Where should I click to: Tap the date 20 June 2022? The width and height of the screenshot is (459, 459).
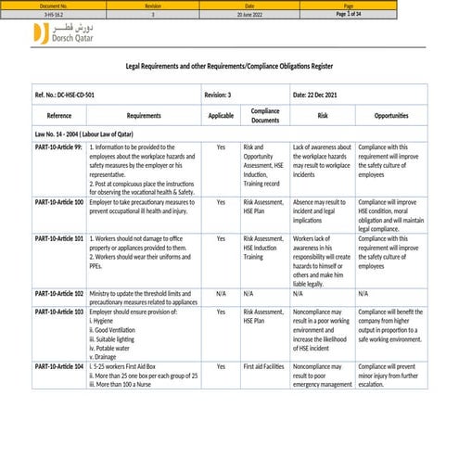pyautogui.click(x=249, y=14)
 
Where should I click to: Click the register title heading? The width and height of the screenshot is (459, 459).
pyautogui.click(x=228, y=67)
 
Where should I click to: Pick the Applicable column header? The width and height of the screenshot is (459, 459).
pyautogui.click(x=221, y=116)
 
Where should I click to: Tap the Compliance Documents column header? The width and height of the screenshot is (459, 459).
pyautogui.click(x=265, y=116)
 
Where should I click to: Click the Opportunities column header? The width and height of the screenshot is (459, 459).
pyautogui.click(x=390, y=116)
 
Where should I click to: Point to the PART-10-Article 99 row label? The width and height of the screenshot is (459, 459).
pyautogui.click(x=59, y=147)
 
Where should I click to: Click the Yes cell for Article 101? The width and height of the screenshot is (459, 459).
pyautogui.click(x=221, y=238)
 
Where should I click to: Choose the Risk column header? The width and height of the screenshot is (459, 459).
pyautogui.click(x=322, y=116)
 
